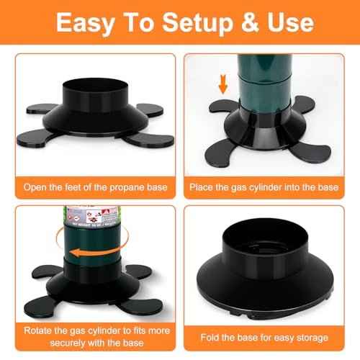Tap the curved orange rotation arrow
(93, 255)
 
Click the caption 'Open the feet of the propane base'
(95, 187)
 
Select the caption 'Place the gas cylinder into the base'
(264, 187)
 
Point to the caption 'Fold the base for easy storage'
(264, 338)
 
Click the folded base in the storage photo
(264, 270)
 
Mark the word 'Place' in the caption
(202, 187)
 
